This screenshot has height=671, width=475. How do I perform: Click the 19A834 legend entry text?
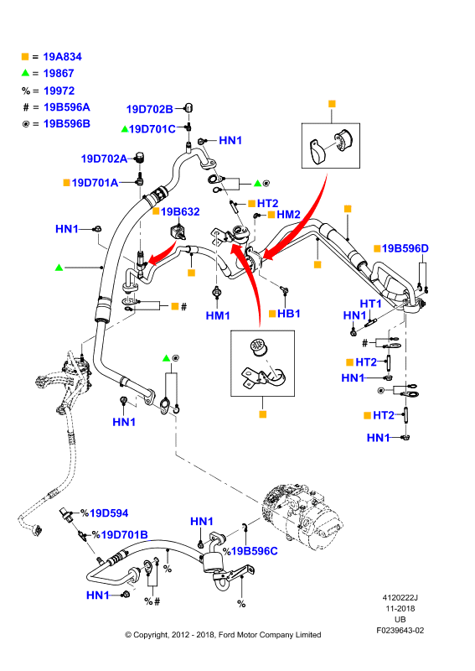point(63,56)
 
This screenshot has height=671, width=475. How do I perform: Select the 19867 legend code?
point(59,73)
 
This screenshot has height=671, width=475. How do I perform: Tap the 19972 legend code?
point(59,91)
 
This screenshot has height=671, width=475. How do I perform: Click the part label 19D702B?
point(150,109)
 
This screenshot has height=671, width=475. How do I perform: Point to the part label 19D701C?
point(152,129)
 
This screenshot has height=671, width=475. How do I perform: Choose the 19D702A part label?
point(105,159)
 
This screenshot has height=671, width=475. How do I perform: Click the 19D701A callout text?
point(95,183)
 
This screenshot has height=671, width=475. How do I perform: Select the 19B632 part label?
point(180,211)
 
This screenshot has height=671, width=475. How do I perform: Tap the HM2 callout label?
point(288,215)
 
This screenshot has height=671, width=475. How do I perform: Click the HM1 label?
point(218,315)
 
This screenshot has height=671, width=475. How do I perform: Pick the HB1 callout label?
point(289,313)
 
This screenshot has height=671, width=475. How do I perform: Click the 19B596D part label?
point(405,248)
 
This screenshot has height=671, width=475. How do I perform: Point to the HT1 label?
point(370,304)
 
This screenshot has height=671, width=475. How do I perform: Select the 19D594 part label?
point(109,512)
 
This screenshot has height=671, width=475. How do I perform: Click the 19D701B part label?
point(125,534)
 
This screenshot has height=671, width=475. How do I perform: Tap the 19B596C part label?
point(255,551)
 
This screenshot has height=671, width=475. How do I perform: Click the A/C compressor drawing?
point(302,516)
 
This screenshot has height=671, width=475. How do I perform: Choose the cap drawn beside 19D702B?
point(188,107)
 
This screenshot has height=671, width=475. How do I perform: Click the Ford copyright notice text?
point(223,635)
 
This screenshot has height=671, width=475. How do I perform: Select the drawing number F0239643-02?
point(400,631)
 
